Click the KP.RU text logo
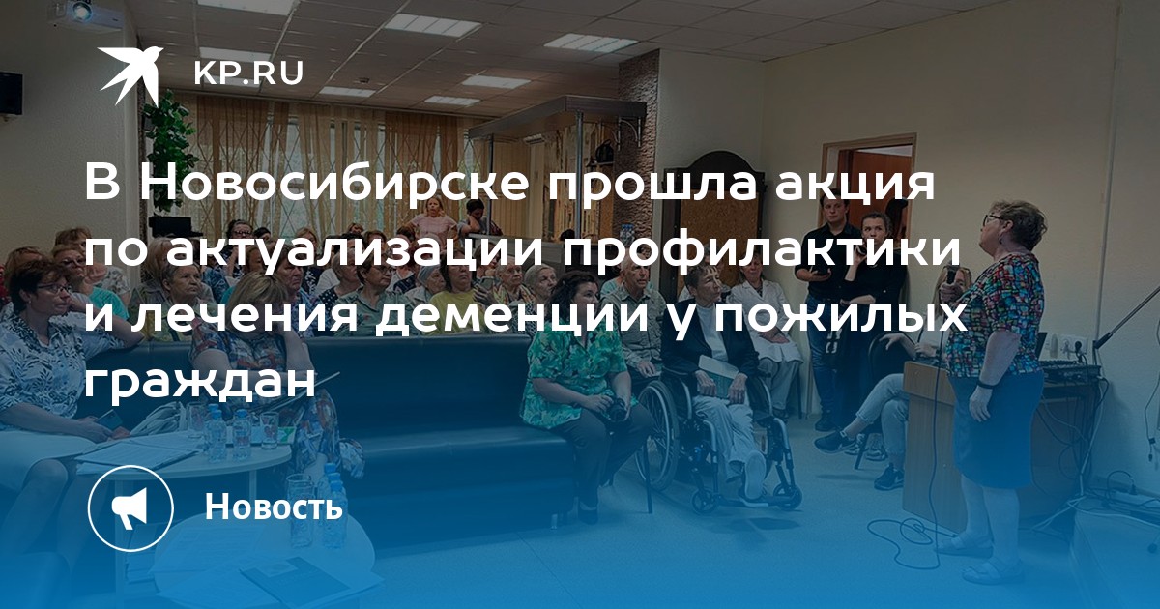click(x=248, y=73)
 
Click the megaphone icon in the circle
click(x=130, y=508)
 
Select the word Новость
click(x=274, y=507)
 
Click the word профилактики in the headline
click(x=762, y=250)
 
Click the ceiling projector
click(x=76, y=12)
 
